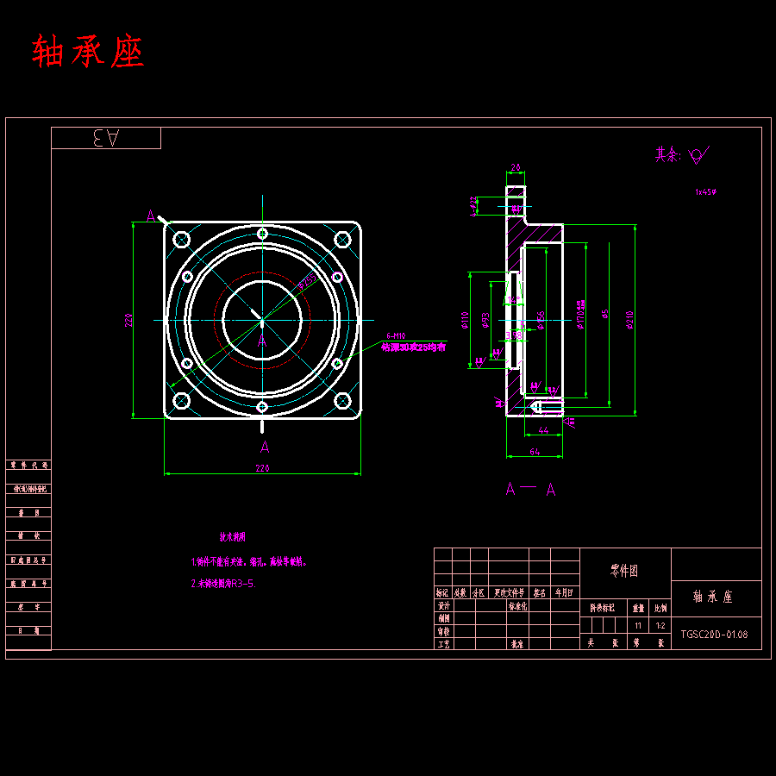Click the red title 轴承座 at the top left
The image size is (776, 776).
pyautogui.click(x=88, y=52)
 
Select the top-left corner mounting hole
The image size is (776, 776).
pyautogui.click(x=181, y=239)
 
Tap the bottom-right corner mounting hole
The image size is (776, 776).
pyautogui.click(x=342, y=400)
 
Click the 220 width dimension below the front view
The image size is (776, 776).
pyautogui.click(x=262, y=468)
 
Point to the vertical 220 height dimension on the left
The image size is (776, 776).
pyautogui.click(x=128, y=320)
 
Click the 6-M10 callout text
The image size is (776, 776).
pyautogui.click(x=396, y=336)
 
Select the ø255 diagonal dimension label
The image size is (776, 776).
pyautogui.click(x=305, y=281)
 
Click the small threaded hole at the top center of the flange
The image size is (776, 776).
pyautogui.click(x=262, y=233)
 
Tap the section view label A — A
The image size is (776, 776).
pyautogui.click(x=529, y=490)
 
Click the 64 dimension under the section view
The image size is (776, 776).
pyautogui.click(x=534, y=451)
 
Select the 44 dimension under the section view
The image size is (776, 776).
pyautogui.click(x=543, y=429)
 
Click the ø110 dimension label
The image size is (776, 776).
pyautogui.click(x=465, y=320)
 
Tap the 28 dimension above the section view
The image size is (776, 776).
pyautogui.click(x=515, y=167)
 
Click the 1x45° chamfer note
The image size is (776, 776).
pyautogui.click(x=705, y=192)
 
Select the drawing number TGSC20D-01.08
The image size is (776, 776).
pyautogui.click(x=714, y=635)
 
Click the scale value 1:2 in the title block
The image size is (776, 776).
pyautogui.click(x=660, y=625)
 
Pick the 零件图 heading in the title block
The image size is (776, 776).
pyautogui.click(x=624, y=570)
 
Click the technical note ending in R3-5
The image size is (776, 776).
pyautogui.click(x=222, y=584)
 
